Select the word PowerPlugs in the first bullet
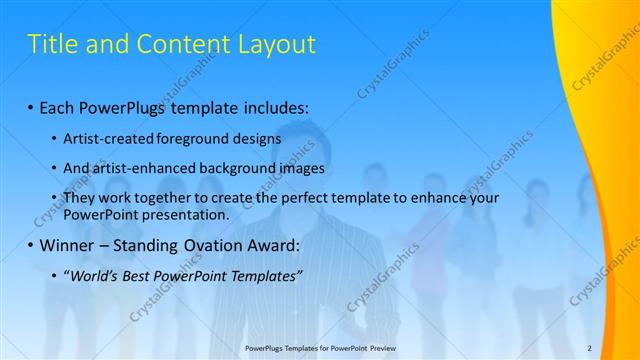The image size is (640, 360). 122,107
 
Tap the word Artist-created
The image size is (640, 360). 104,139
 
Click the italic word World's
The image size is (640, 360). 91,276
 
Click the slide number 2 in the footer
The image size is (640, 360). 589,347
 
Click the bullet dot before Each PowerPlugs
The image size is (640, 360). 31,107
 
